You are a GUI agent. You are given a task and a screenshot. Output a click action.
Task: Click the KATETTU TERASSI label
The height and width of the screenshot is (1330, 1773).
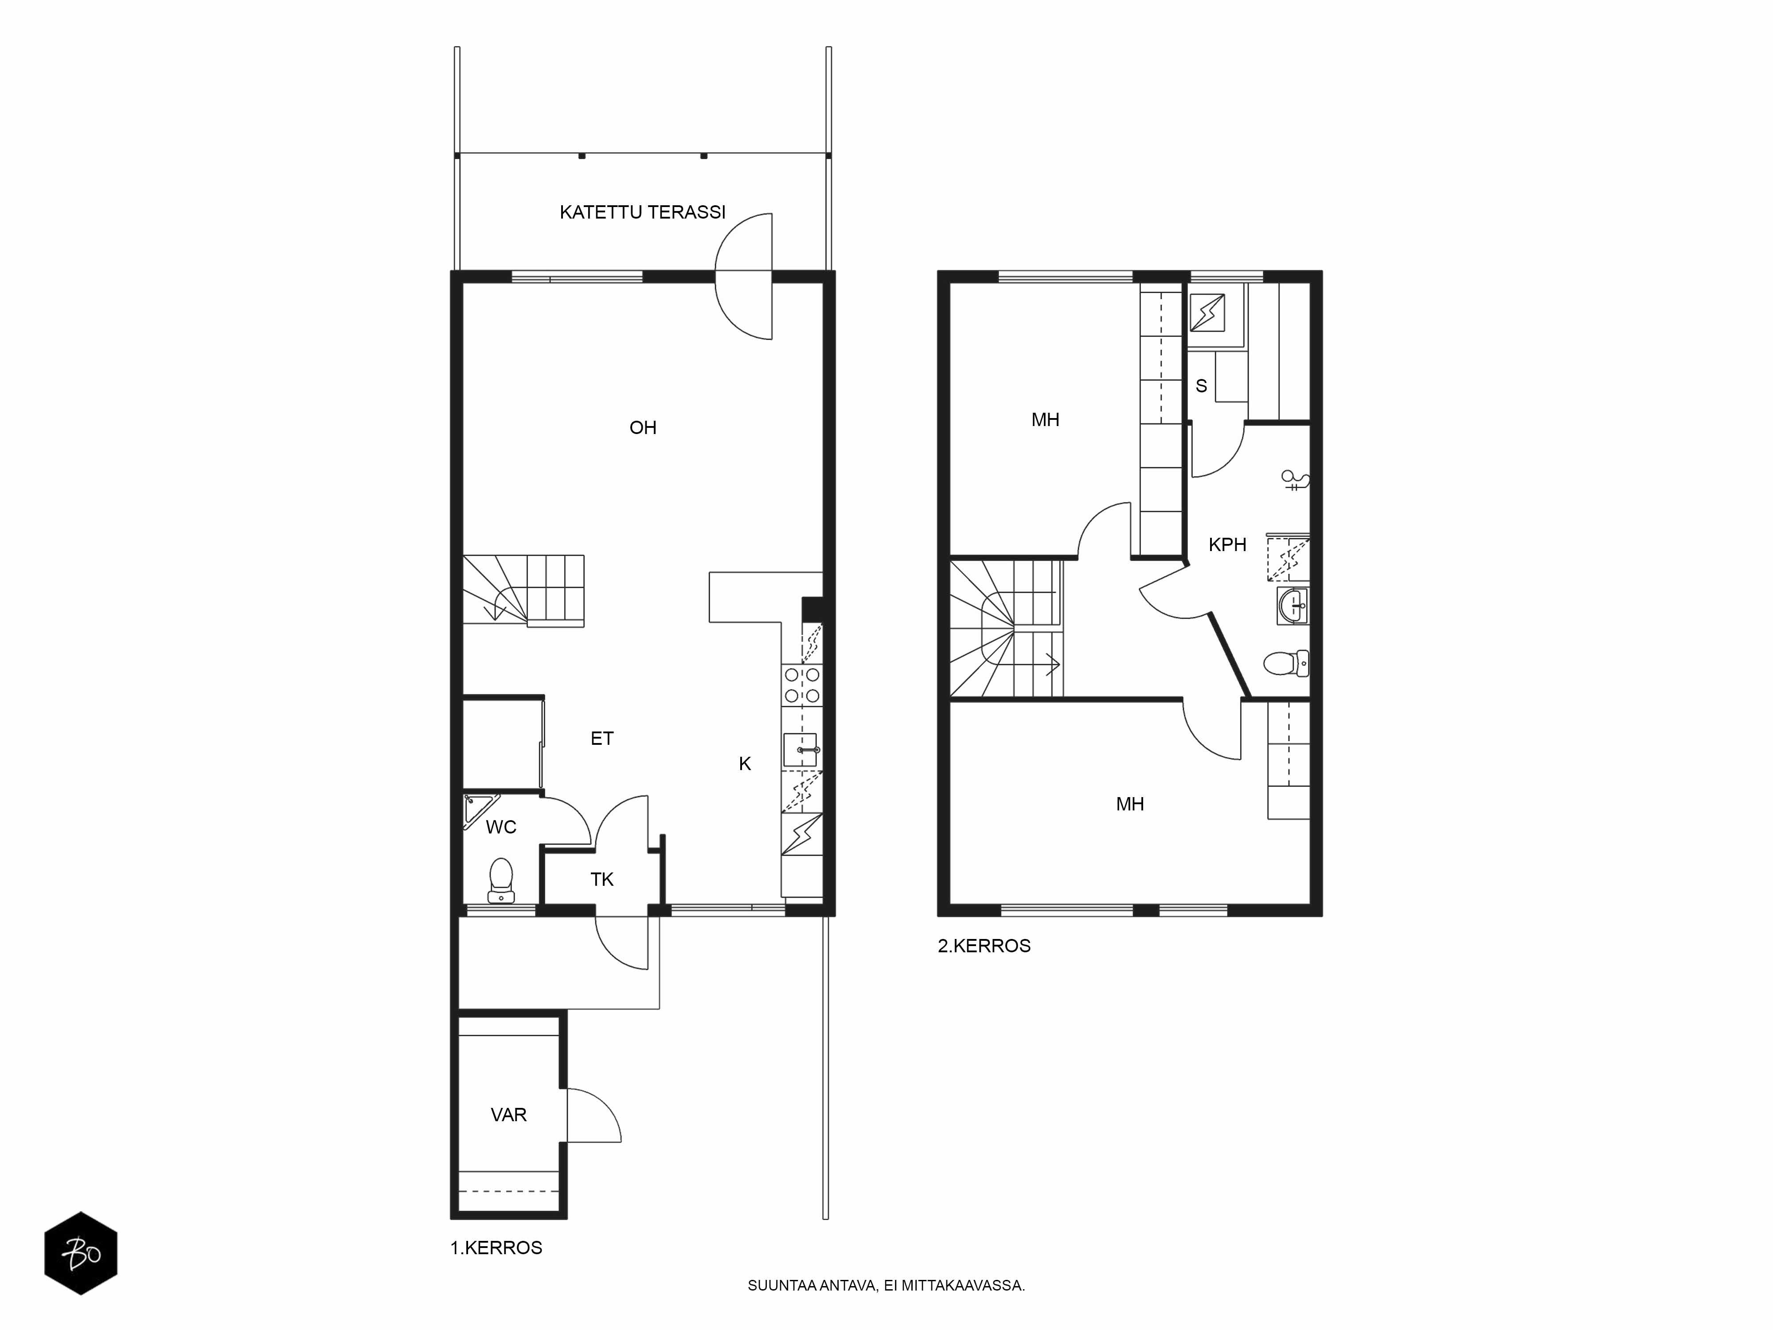642,212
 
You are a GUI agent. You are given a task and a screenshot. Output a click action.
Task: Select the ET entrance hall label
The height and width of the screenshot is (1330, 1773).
602,738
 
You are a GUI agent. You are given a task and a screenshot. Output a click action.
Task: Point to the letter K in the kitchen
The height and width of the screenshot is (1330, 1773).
745,764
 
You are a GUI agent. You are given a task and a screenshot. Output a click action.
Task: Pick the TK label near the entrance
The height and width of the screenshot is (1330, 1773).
602,880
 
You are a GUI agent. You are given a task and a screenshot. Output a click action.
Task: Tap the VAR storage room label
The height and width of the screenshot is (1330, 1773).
508,1115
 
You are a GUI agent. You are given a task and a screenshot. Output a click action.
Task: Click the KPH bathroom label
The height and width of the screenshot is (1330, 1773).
1227,545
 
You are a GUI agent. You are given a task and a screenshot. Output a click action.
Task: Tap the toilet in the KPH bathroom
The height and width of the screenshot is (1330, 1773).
1286,663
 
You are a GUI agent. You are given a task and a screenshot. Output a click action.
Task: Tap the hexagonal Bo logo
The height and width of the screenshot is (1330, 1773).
81,1253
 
